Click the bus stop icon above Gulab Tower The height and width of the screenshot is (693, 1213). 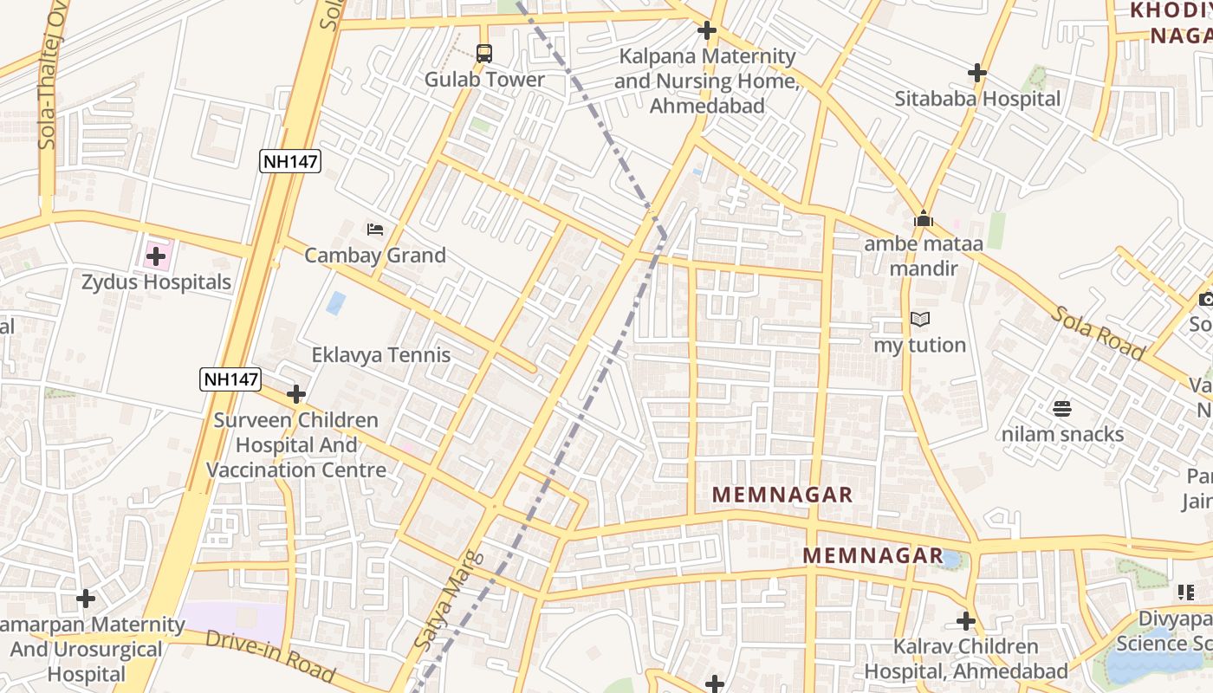click(483, 53)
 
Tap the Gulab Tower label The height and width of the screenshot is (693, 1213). click(484, 80)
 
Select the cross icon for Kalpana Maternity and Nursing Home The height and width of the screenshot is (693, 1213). click(707, 31)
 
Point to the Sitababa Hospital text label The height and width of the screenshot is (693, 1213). click(977, 99)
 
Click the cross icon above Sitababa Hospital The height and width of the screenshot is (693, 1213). click(977, 73)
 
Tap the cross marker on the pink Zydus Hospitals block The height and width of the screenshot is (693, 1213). click(156, 256)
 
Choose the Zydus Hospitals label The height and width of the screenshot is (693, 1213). click(157, 282)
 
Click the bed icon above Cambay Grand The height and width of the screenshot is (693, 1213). click(375, 230)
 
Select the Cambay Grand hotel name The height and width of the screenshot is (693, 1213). click(375, 256)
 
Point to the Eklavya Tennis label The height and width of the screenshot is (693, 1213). click(381, 355)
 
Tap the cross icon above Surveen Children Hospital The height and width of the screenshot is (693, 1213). click(296, 395)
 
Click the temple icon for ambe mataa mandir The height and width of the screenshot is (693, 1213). click(924, 218)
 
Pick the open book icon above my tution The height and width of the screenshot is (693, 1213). click(920, 320)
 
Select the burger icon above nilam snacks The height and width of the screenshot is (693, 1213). click(1062, 409)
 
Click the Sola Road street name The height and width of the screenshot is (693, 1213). click(1099, 333)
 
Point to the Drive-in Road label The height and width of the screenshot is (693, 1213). click(269, 655)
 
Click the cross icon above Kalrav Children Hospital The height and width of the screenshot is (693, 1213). click(966, 621)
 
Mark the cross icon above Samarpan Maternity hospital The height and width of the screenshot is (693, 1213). click(86, 599)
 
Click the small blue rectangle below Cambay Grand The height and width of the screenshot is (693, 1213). click(335, 303)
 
